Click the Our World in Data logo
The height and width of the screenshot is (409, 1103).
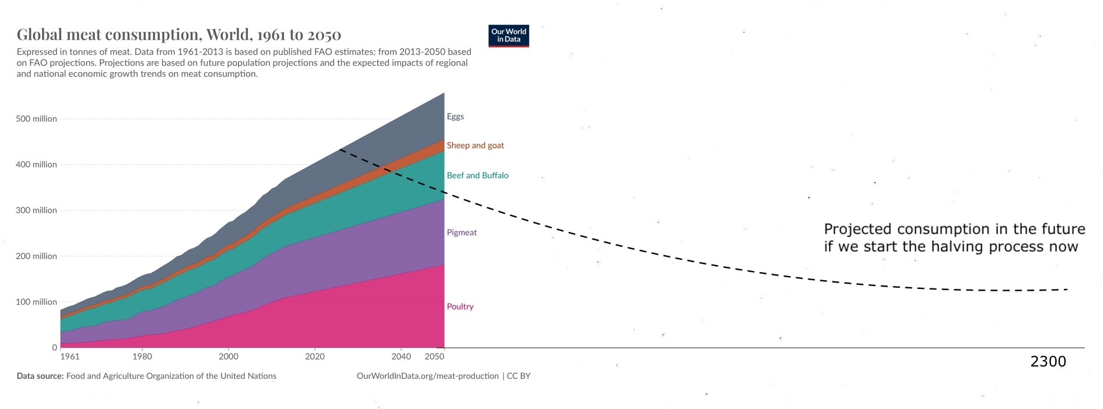tap(509, 36)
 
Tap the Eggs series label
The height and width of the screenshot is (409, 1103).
tap(455, 117)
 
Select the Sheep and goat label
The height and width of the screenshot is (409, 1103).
tap(475, 146)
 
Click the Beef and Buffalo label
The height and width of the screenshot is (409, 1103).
tap(477, 175)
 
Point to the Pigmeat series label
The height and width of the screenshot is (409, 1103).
tap(461, 232)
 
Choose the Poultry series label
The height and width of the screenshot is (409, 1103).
tap(460, 306)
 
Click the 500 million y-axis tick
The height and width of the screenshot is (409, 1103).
tap(36, 119)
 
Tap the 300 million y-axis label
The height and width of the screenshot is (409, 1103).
tap(36, 210)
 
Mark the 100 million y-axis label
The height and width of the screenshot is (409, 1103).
tap(36, 302)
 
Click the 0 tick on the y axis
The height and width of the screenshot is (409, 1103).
tap(54, 348)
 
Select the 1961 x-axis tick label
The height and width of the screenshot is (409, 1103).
tap(70, 357)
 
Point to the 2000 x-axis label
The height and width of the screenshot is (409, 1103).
tap(229, 357)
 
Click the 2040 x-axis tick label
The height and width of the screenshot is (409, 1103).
tap(401, 357)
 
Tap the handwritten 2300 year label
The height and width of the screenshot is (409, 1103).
tap(1048, 362)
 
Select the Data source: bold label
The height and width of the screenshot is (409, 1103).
tap(40, 376)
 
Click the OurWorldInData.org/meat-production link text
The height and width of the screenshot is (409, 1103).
tap(428, 376)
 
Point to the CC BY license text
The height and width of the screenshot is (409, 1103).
tap(519, 376)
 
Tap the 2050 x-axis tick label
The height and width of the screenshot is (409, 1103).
tap(434, 357)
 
